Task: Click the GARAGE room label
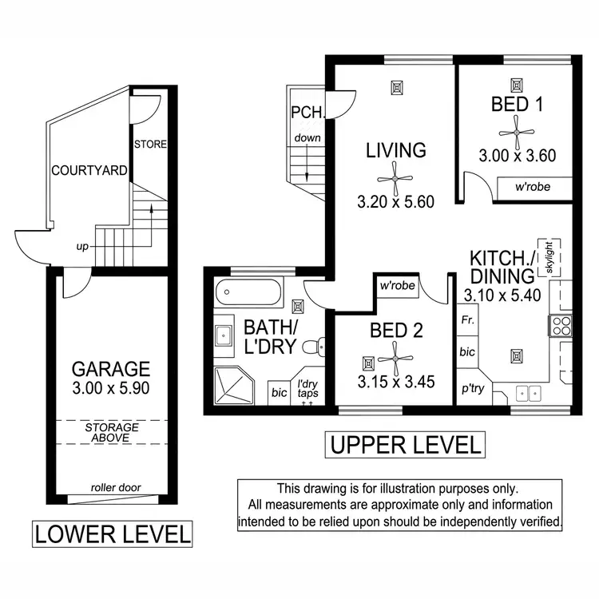(x=110, y=369)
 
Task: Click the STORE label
(x=150, y=145)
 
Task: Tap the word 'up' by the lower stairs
(x=82, y=246)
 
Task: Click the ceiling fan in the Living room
(x=395, y=175)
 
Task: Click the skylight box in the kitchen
(x=549, y=257)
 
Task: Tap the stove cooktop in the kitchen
(x=559, y=325)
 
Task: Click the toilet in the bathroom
(x=320, y=347)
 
